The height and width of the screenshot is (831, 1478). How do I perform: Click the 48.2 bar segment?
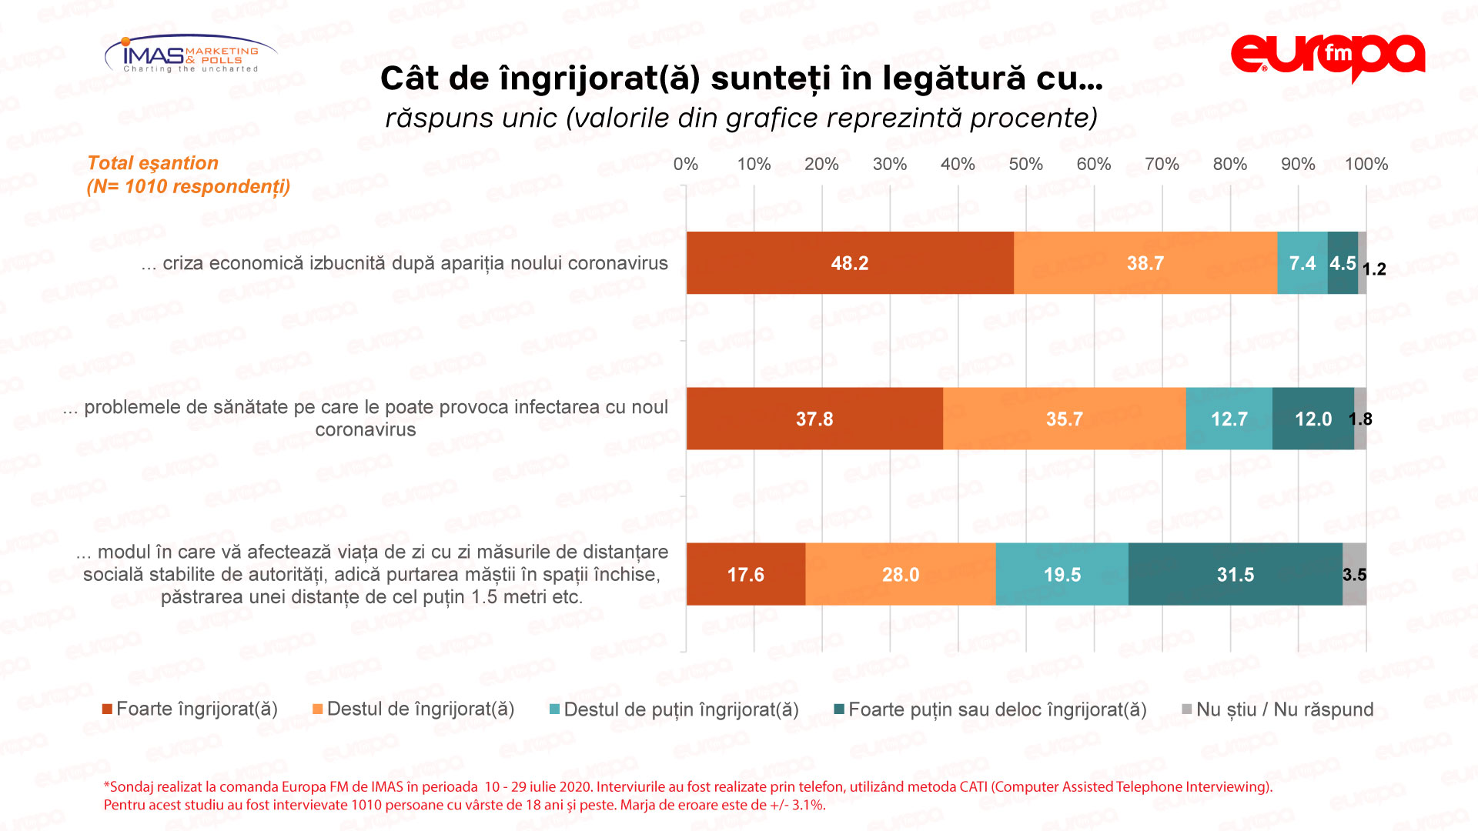850,263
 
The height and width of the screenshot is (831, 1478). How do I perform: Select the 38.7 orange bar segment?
1145,263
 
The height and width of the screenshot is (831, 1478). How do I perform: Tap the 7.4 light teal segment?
1302,263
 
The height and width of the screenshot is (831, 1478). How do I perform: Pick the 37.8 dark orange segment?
814,419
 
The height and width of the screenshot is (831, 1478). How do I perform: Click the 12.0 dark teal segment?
1312,419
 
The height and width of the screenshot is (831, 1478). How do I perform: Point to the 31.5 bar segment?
1235,575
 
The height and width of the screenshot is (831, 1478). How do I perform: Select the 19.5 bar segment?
1062,575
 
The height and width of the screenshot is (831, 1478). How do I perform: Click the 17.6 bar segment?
745,575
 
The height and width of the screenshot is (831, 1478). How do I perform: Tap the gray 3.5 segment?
1355,575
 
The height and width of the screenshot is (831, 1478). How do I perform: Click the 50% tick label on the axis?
1025,164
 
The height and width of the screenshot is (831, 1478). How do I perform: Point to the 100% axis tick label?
1366,164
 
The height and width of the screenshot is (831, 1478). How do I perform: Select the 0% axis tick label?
685,164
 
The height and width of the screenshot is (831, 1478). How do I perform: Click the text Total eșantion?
152,163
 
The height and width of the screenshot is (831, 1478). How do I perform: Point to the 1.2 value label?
1374,269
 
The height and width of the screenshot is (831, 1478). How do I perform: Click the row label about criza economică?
405,263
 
